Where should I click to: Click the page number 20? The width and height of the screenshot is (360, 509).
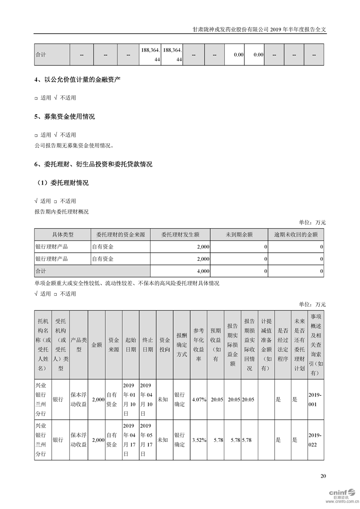(323, 476)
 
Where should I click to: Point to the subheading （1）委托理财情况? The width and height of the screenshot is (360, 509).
(63, 183)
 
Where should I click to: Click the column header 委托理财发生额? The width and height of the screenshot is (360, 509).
(180, 235)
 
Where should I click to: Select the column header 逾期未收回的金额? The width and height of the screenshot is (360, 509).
(296, 235)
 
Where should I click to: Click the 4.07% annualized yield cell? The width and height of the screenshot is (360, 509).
(199, 400)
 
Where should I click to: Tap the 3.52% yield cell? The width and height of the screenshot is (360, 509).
(199, 440)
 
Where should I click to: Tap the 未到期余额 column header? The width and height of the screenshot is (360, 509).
(239, 235)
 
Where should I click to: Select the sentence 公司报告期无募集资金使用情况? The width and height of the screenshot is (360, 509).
(74, 146)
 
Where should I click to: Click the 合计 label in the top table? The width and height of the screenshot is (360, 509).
(41, 55)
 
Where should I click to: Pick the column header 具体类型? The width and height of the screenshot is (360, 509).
(62, 235)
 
